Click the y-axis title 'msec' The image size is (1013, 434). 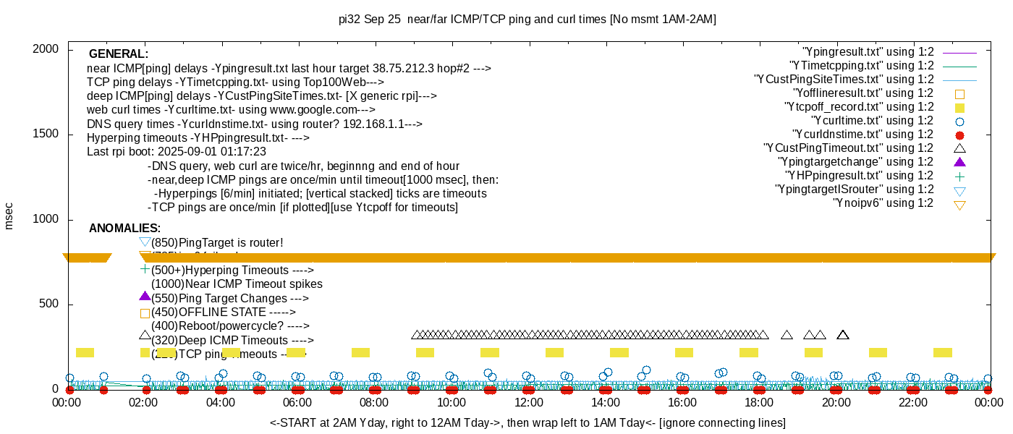click(9, 216)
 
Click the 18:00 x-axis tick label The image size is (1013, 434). click(758, 402)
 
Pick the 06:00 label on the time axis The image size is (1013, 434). click(297, 402)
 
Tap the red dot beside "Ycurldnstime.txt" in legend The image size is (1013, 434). click(960, 135)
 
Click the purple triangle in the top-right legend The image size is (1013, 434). click(960, 162)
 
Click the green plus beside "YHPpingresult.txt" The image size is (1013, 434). click(960, 176)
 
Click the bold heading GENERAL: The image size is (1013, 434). click(119, 54)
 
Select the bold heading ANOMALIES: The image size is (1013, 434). click(124, 229)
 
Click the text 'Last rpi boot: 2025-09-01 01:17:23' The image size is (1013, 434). click(177, 152)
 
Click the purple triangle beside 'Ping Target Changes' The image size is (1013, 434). click(145, 296)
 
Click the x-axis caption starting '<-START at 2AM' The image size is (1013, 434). click(527, 422)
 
